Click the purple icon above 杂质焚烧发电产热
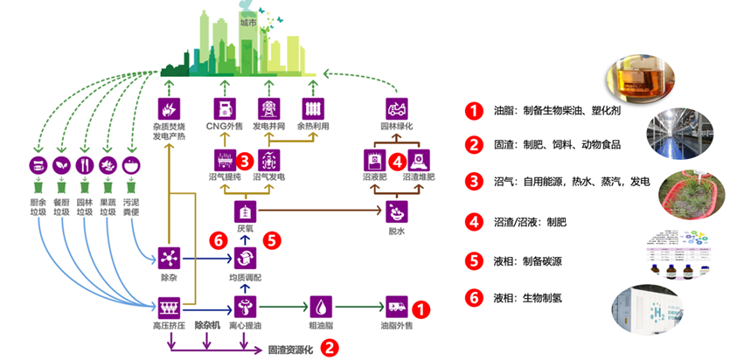click(167, 108)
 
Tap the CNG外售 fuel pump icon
click(226, 108)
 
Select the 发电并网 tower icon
click(268, 108)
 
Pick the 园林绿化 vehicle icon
click(397, 108)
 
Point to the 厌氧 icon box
click(246, 211)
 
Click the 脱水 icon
click(397, 211)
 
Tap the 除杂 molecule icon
click(167, 257)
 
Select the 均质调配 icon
click(246, 257)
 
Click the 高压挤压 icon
click(167, 308)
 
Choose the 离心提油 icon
click(246, 308)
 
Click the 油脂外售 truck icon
click(397, 308)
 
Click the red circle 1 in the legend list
click(473, 112)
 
